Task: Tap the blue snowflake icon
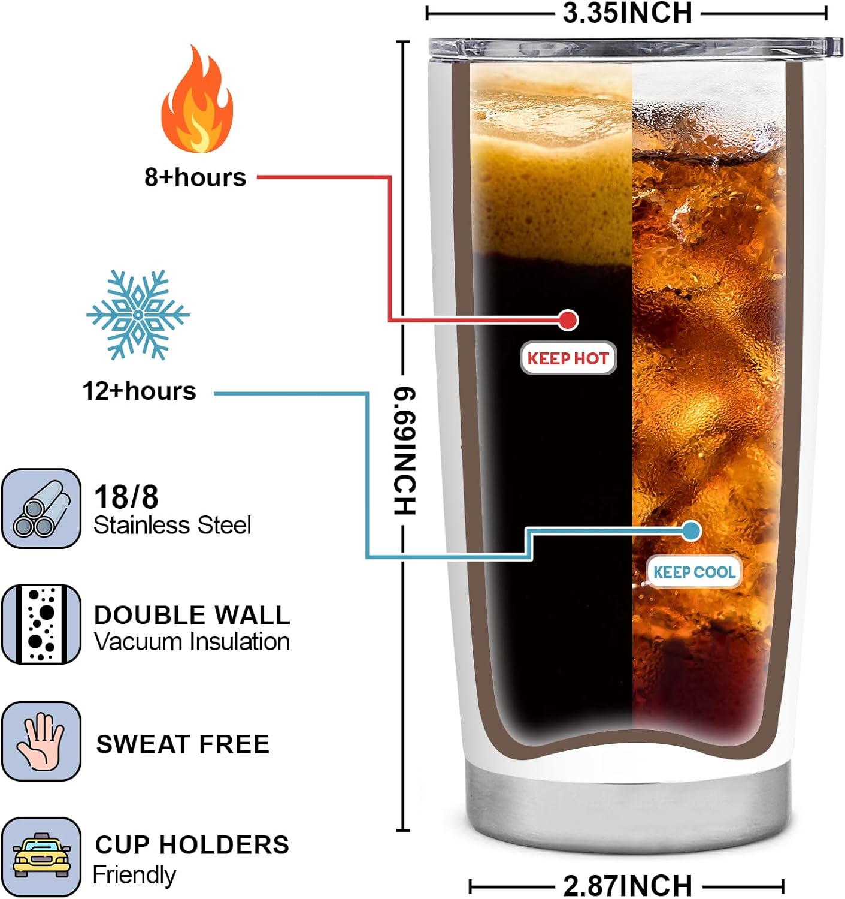tap(138, 315)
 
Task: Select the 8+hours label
tap(195, 177)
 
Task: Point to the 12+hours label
tap(139, 391)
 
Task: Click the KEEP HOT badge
tap(568, 358)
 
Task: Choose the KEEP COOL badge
tap(694, 572)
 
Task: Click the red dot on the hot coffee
tap(568, 321)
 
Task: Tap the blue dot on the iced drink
tap(690, 531)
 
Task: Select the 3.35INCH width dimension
tap(628, 13)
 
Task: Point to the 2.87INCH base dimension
tap(628, 885)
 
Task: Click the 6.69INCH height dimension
tap(404, 451)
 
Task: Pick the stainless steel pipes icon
tap(41, 508)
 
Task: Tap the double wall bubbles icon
tap(41, 625)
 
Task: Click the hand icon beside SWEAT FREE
tap(41, 741)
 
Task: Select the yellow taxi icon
tap(41, 857)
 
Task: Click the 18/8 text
tap(126, 497)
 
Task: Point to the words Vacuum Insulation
tap(192, 642)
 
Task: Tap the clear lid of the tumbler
tap(635, 48)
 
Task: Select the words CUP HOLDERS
tap(192, 844)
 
